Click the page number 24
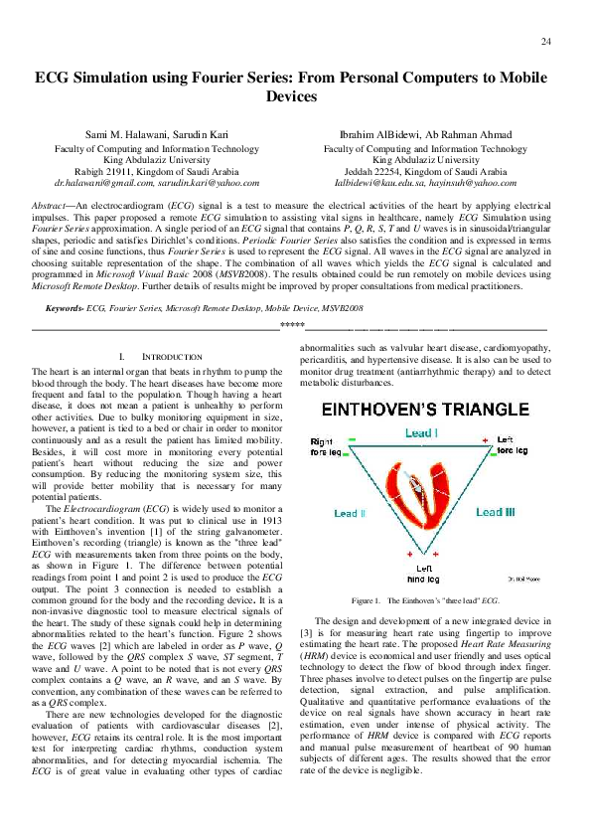click(x=546, y=41)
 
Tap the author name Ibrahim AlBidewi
click(x=376, y=135)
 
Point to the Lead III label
click(x=495, y=512)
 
